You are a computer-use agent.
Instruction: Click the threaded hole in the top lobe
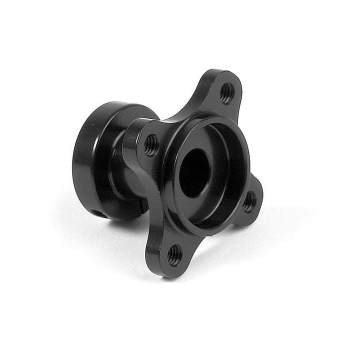pyautogui.click(x=226, y=92)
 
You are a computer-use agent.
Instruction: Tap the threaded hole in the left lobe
pyautogui.click(x=151, y=144)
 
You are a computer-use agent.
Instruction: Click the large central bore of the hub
pyautogui.click(x=196, y=172)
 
